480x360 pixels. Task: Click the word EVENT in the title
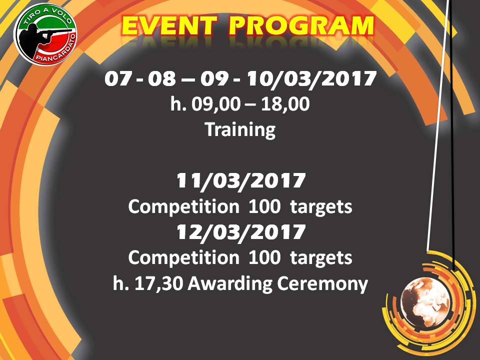[169, 25]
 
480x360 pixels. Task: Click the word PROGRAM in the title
[301, 25]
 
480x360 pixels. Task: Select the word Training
[240, 130]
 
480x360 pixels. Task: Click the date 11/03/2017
[240, 181]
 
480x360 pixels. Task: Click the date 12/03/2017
[240, 232]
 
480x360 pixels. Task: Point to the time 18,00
[285, 104]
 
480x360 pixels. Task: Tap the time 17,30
[158, 284]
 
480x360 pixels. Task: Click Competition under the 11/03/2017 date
[183, 207]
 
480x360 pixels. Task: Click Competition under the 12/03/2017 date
[183, 258]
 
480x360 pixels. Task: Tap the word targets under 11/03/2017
[321, 207]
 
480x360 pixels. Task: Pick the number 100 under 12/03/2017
[264, 257]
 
